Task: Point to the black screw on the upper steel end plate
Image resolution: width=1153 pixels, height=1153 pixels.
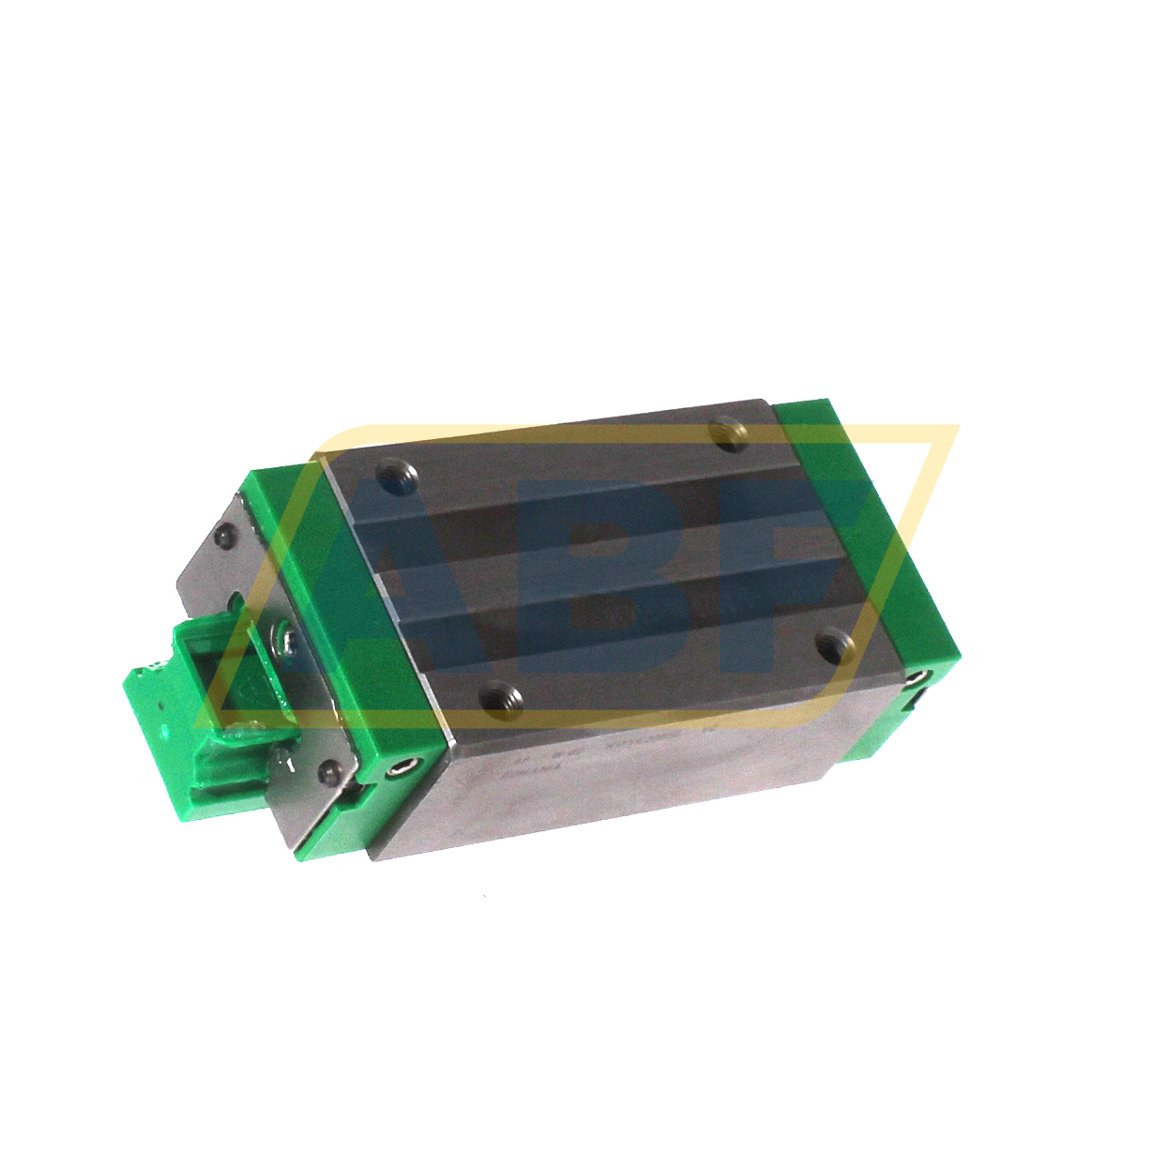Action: tap(222, 536)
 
